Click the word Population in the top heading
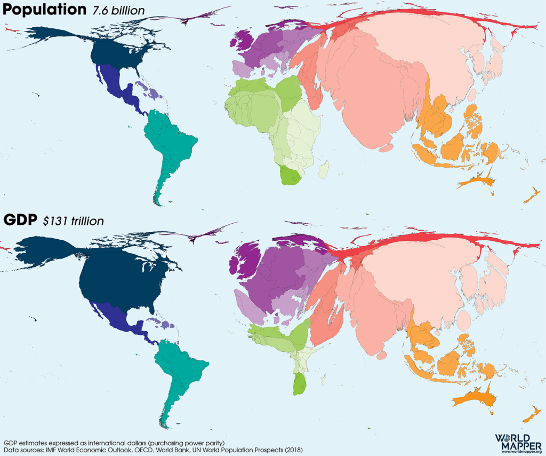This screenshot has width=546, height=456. pos(44,10)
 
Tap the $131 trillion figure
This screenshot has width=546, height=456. pos(73,221)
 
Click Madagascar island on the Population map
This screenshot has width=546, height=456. pos(324,171)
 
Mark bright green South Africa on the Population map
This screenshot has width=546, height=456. pos(290,176)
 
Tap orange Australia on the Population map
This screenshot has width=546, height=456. pos(475,180)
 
